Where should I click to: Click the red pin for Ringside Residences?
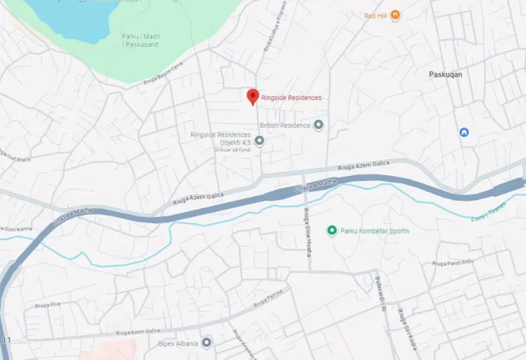(252, 96)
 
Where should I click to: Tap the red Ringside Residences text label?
(291, 98)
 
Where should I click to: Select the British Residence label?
(284, 126)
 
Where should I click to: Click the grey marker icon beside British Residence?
(319, 126)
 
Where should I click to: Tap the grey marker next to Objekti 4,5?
(259, 141)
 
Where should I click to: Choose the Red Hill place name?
(375, 15)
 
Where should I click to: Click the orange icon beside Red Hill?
(395, 15)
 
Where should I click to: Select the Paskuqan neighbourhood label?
(446, 74)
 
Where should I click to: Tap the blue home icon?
(464, 132)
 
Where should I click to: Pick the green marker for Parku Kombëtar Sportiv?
(332, 231)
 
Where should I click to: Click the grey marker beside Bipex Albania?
(207, 343)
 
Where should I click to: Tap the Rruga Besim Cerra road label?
(164, 74)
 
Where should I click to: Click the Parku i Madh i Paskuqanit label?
(139, 39)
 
